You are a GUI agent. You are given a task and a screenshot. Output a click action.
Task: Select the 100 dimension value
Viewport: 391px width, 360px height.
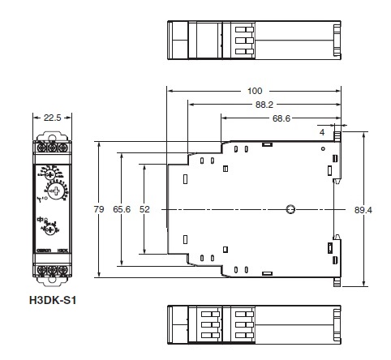coord(255,91)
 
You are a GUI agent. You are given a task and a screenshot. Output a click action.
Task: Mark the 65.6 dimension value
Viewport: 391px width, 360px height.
coord(122,209)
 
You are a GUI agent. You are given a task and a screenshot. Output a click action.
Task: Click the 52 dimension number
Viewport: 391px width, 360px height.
coord(145,209)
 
